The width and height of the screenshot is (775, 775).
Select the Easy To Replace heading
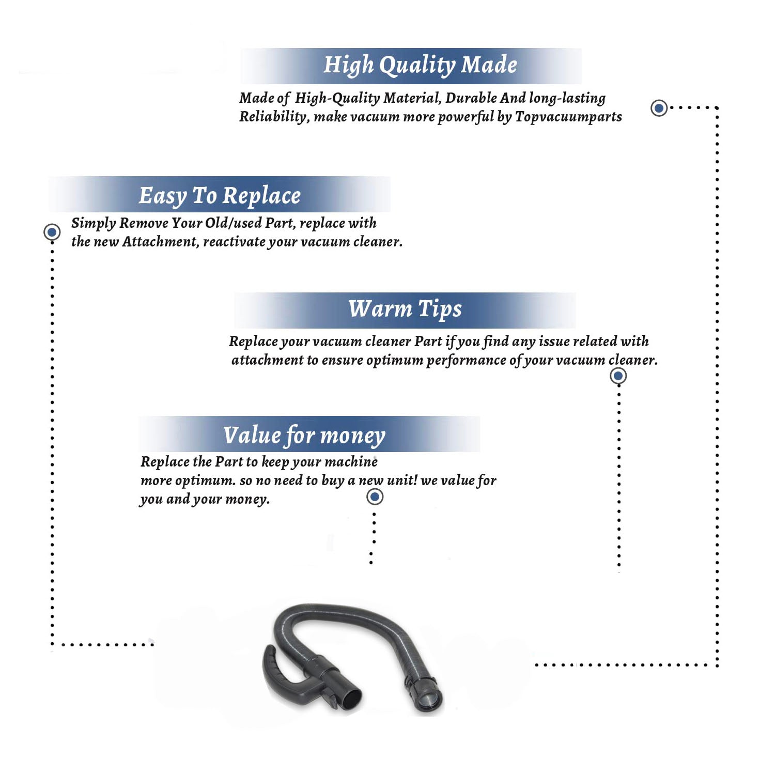[220, 196]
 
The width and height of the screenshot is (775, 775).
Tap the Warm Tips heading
[405, 309]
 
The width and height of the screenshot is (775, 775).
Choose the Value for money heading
[304, 436]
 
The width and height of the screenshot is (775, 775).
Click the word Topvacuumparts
[568, 117]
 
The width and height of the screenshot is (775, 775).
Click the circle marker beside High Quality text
[659, 108]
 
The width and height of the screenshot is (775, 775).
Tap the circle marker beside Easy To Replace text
[52, 232]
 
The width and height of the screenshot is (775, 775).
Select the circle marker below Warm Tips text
[618, 376]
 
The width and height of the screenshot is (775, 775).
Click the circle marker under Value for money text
[375, 497]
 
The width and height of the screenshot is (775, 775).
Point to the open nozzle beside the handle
[351, 698]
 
